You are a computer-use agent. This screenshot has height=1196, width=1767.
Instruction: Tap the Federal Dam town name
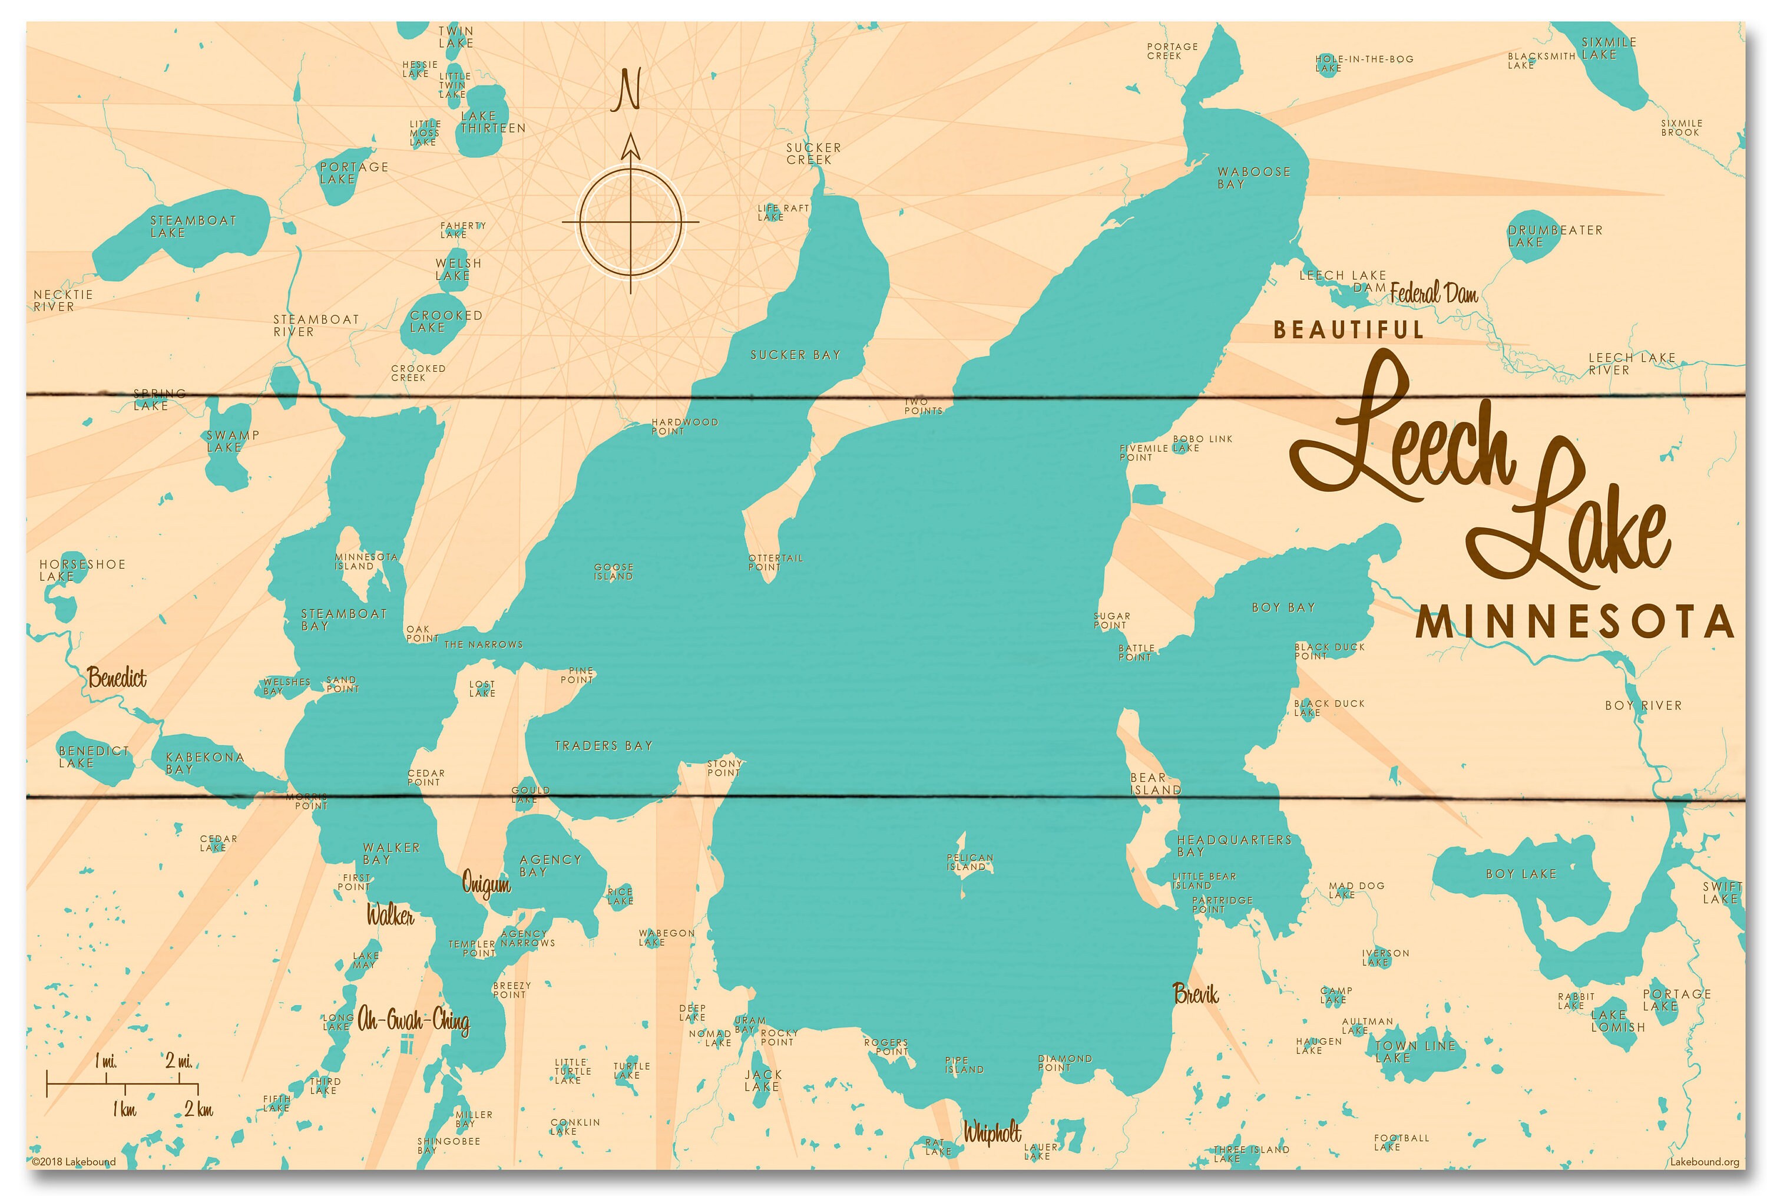1434,293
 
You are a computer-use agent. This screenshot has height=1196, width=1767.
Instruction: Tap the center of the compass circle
630,222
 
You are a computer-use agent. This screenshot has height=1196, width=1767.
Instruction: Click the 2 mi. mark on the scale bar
180,1062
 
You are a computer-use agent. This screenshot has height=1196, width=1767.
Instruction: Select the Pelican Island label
969,862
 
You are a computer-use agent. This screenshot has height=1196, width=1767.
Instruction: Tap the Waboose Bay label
1253,178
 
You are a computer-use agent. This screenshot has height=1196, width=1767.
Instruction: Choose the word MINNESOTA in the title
1574,623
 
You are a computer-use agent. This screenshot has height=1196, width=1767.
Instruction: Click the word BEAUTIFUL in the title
1348,330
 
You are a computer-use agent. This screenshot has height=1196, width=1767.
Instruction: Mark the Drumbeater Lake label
1554,236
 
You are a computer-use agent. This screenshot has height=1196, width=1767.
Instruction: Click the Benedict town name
117,678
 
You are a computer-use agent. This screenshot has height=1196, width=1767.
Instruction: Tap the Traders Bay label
604,746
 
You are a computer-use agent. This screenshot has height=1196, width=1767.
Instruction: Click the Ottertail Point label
775,563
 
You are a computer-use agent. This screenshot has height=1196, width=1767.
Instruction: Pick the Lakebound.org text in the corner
1704,1162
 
